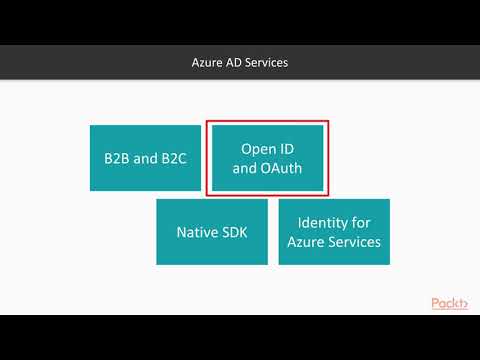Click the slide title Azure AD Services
click(240, 62)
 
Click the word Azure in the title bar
click(208, 62)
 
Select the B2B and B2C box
click(145, 158)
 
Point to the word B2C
click(171, 158)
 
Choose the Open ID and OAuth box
click(267, 158)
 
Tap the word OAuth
click(281, 168)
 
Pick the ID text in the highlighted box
click(287, 148)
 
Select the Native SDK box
click(212, 232)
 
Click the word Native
click(198, 232)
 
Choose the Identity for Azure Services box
click(334, 232)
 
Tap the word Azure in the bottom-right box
click(306, 242)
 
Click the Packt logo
click(449, 304)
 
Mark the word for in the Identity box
click(360, 222)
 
